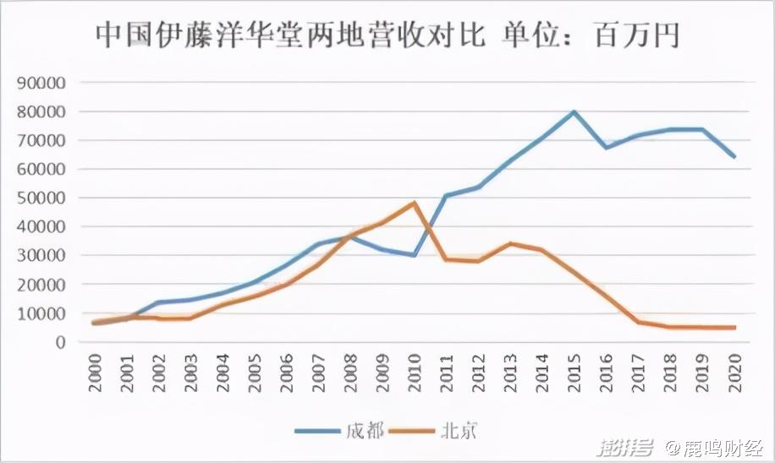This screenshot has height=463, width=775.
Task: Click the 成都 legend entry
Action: [x=339, y=431]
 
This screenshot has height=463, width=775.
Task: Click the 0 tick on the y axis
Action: [x=60, y=342]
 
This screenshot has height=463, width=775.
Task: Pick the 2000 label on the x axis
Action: [x=96, y=372]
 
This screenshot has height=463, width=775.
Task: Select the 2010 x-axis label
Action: [x=415, y=372]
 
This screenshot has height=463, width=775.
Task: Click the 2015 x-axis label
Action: [x=574, y=372]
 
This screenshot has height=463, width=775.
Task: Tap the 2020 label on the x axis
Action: [x=734, y=372]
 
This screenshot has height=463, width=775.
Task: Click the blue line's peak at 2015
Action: [x=574, y=112]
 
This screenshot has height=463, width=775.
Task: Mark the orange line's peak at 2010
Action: [x=415, y=203]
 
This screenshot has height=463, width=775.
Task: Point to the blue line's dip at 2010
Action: [x=415, y=255]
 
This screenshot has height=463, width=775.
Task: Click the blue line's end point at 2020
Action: [x=734, y=156]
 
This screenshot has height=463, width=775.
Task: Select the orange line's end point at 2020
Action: [x=734, y=328]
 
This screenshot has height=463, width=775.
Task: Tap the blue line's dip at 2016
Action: [x=606, y=147]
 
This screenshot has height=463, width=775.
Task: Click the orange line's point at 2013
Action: [x=510, y=243]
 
